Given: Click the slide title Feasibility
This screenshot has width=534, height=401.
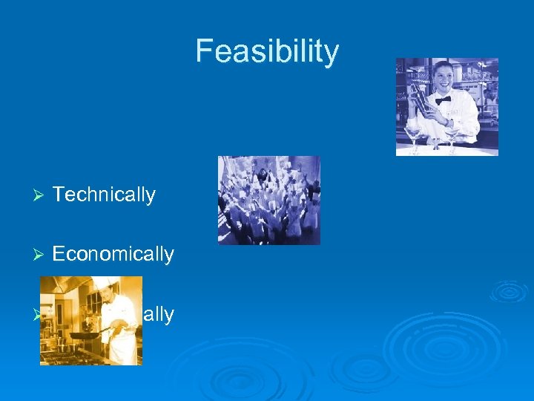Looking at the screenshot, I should (x=267, y=52).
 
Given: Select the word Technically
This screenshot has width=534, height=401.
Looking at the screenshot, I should (x=104, y=195).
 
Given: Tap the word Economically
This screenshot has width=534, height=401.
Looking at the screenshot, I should (x=113, y=254).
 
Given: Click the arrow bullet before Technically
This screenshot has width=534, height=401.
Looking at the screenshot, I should (x=40, y=195).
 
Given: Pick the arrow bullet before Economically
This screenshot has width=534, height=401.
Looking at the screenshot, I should (x=40, y=255).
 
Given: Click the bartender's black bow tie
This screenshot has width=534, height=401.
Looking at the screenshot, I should (x=443, y=100).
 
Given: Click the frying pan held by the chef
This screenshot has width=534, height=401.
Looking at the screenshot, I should (x=85, y=335).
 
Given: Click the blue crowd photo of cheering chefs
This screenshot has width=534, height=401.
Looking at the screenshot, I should (x=268, y=200).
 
